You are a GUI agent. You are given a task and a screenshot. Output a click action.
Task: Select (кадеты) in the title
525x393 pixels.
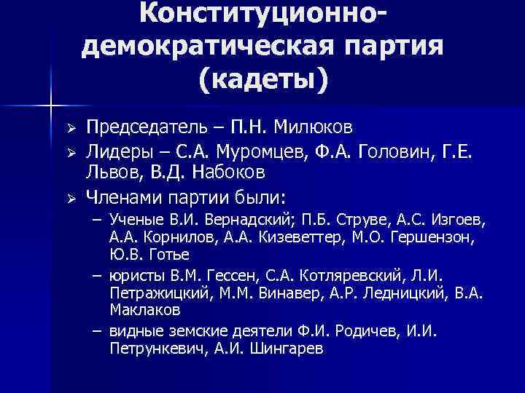262,79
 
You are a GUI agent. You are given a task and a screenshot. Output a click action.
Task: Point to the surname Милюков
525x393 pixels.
317,128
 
